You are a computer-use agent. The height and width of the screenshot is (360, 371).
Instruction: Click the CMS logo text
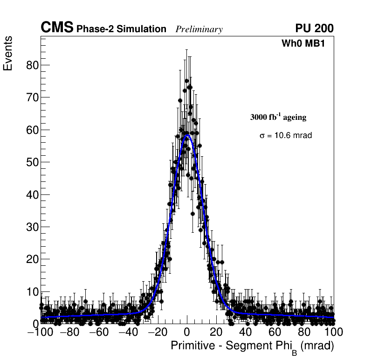click(x=57, y=28)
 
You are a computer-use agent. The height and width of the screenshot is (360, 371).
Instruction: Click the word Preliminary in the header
click(x=199, y=29)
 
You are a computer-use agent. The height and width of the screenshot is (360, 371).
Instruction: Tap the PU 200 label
click(x=314, y=28)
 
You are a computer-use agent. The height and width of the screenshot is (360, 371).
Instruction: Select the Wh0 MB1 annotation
click(x=302, y=43)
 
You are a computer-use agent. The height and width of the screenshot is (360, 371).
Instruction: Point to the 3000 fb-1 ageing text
click(x=278, y=117)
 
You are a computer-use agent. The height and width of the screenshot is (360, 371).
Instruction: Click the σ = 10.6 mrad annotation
click(x=285, y=135)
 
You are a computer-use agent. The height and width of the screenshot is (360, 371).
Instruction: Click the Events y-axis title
click(x=8, y=54)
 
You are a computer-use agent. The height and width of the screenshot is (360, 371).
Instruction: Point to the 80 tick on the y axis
click(x=31, y=65)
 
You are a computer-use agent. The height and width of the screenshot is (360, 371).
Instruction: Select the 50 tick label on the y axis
click(x=31, y=162)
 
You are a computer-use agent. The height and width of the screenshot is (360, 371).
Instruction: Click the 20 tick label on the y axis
click(x=31, y=259)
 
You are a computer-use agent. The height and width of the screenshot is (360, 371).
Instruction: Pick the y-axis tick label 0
click(x=35, y=324)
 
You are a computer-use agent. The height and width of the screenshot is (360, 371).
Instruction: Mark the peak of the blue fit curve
click(x=187, y=135)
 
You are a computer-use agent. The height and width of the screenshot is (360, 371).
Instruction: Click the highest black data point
click(x=186, y=81)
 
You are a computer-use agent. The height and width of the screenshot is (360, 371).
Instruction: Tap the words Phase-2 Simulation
click(x=121, y=29)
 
